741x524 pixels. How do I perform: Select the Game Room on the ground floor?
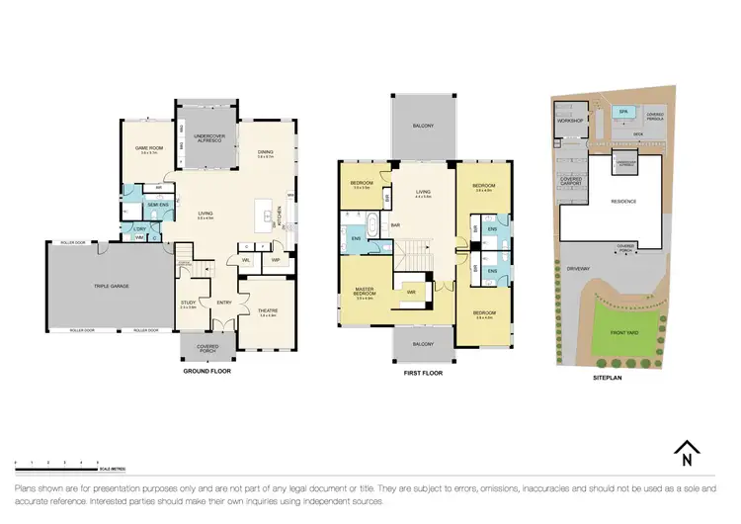pos(148,148)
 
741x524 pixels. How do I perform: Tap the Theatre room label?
pos(268,311)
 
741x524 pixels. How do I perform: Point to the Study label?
pos(189,305)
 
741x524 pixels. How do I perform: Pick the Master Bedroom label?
pos(364,293)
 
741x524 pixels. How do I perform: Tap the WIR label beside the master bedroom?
pos(408,293)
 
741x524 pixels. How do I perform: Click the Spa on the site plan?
pos(623,113)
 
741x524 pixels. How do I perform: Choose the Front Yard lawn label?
pos(623,332)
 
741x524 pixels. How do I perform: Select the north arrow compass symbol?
pos(682,455)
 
